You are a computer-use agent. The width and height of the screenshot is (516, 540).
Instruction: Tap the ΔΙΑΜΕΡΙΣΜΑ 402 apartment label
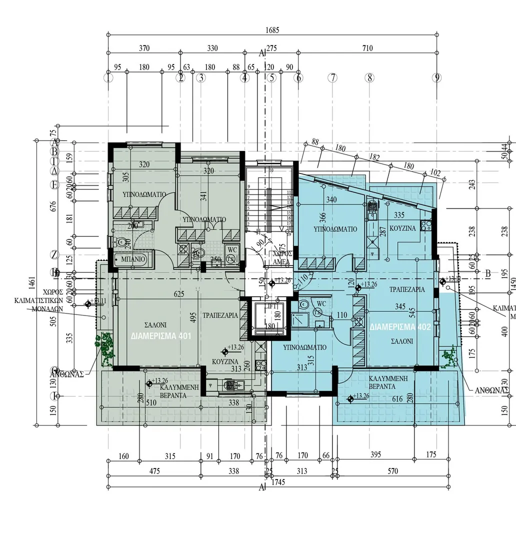pos(400,327)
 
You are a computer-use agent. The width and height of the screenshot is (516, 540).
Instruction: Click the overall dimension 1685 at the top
pos(272,30)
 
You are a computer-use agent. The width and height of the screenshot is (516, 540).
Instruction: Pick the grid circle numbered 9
pos(437,77)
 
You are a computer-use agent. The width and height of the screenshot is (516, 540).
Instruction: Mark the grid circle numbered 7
pos(332,77)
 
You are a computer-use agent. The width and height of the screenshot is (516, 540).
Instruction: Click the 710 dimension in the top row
pos(367,48)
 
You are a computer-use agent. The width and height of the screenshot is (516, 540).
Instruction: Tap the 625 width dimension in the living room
pos(179,295)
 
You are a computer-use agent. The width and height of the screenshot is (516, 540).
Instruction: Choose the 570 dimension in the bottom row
pos(392,471)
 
